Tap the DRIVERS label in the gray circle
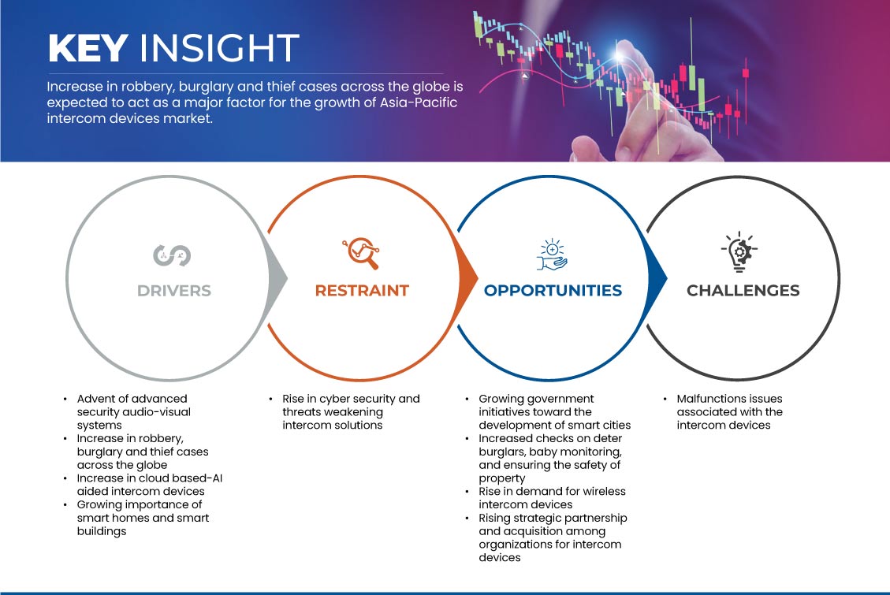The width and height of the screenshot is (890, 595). tap(174, 291)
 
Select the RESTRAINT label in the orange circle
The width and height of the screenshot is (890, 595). tap(362, 291)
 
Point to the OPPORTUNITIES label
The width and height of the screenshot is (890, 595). tap(553, 291)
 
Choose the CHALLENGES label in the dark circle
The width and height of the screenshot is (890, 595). tap(743, 291)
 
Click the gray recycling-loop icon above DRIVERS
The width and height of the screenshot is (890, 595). tap(172, 255)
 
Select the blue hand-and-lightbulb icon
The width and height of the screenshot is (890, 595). tap(552, 255)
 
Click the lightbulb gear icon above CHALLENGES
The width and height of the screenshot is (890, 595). tap(739, 251)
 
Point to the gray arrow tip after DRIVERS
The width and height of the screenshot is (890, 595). tap(287, 278)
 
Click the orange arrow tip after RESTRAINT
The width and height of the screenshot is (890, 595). tap(478, 278)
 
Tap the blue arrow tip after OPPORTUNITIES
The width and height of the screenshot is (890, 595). tap(667, 278)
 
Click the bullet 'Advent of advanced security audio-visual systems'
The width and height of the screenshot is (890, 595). tap(134, 412)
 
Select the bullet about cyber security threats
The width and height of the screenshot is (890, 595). tap(351, 412)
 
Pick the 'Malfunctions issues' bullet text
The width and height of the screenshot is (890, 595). tap(729, 412)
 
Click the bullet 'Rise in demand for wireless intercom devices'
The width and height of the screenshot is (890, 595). tap(552, 498)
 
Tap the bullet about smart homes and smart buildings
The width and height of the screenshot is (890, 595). tap(143, 518)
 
